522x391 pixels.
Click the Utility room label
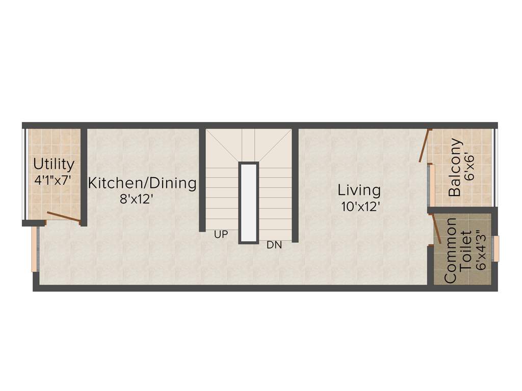[54, 164]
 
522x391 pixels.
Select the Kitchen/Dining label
[142, 183]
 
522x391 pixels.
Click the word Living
[359, 190]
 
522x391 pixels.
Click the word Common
[450, 250]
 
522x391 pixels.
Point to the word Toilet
[465, 251]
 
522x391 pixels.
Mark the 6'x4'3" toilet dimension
[480, 250]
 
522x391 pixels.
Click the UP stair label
[221, 235]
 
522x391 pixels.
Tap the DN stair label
[274, 245]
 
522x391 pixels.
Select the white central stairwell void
[249, 203]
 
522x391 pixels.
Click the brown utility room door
[63, 217]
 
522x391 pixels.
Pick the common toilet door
[437, 229]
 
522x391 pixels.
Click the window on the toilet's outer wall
[495, 248]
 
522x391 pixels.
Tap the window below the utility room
[35, 249]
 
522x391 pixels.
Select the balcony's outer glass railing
[495, 167]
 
